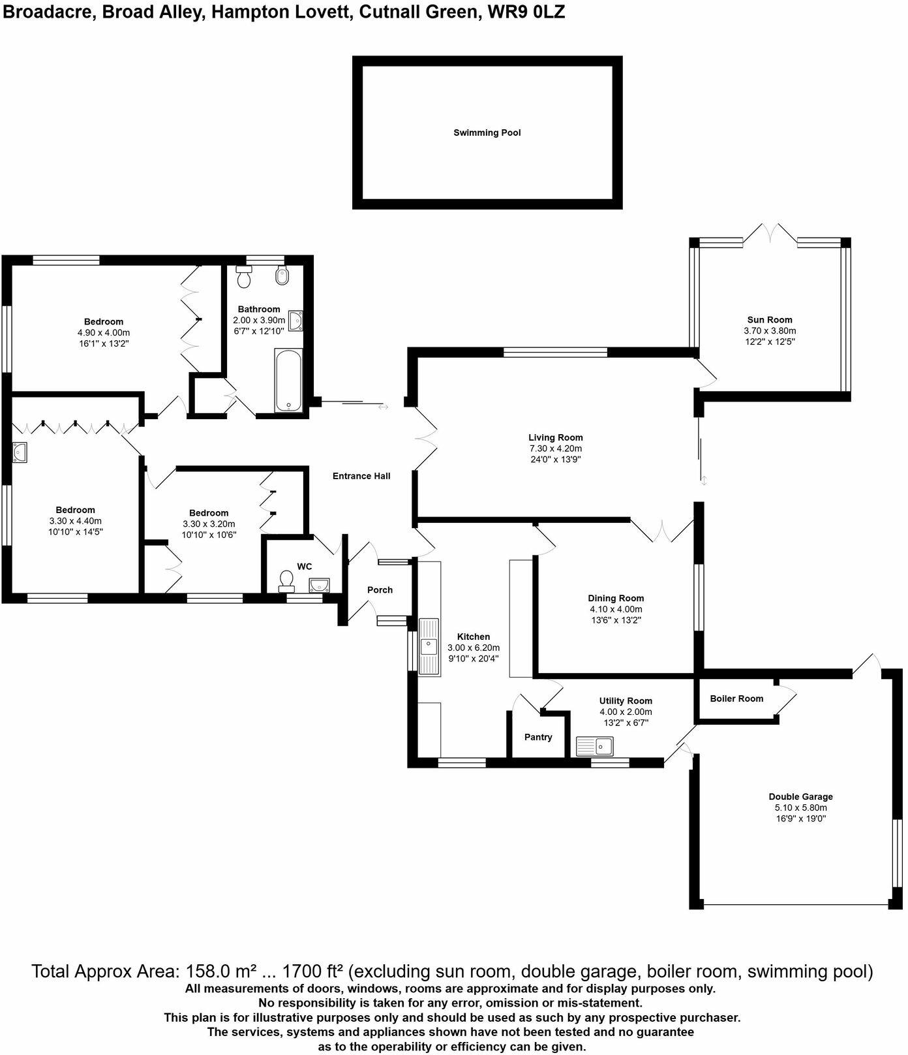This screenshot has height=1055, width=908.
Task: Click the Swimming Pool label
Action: coord(487,133)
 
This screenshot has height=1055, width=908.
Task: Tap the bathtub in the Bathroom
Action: coord(288,381)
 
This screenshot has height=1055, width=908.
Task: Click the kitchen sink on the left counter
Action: coord(429,646)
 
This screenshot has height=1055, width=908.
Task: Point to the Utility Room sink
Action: coord(594,746)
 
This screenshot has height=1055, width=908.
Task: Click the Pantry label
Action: coord(538,737)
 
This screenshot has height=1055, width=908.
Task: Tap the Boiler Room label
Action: coord(736,699)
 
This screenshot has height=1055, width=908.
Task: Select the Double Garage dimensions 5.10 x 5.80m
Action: coord(800,808)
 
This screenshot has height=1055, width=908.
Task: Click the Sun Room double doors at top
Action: coord(770,233)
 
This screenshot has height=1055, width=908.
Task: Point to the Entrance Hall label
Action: coord(361,476)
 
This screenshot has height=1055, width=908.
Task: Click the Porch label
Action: coord(380,590)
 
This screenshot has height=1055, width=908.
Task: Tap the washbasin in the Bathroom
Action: coord(297,321)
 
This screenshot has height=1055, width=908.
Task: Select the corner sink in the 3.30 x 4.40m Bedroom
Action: coord(19,452)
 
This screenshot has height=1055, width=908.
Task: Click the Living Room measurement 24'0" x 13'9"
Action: coord(556,459)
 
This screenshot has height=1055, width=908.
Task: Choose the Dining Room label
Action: coord(616,598)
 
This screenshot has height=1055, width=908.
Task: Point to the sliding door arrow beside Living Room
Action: coord(704,481)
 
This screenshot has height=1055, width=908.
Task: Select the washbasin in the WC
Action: coord(319,585)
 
